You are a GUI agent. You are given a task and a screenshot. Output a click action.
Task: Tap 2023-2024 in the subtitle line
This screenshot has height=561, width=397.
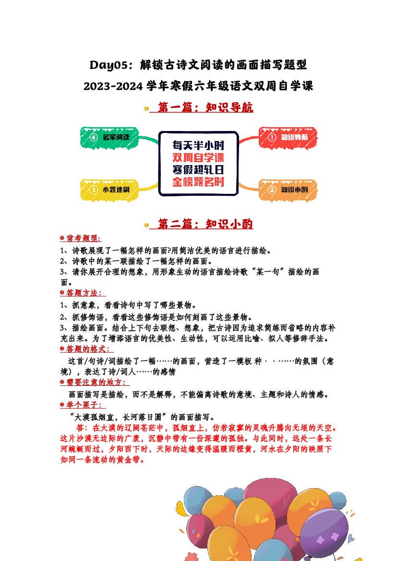pyautogui.click(x=113, y=86)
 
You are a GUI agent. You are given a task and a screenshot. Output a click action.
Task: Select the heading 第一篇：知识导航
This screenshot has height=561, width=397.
pyautogui.click(x=205, y=107)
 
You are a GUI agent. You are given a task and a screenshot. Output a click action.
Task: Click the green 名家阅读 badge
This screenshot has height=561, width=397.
pyautogui.click(x=109, y=137)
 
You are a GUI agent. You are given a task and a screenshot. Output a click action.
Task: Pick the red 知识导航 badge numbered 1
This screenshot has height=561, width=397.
pyautogui.click(x=288, y=137)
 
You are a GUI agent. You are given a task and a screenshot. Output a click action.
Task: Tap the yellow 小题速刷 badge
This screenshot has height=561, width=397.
pyautogui.click(x=109, y=190)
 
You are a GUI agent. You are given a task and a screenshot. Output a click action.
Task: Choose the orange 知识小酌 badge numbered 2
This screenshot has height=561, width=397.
pyautogui.click(x=288, y=190)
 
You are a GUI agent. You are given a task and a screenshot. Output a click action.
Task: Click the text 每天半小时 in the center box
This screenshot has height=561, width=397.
pyautogui.click(x=198, y=145)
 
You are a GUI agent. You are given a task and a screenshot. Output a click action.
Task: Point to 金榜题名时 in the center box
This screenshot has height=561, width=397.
pyautogui.click(x=198, y=182)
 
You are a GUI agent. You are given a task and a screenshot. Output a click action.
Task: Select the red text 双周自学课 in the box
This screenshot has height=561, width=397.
pyautogui.click(x=198, y=157)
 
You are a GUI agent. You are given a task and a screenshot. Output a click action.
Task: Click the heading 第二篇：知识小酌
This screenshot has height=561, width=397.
pyautogui.click(x=205, y=224)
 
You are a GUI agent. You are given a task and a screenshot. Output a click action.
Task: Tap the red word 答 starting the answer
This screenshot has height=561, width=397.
pyautogui.click(x=80, y=428)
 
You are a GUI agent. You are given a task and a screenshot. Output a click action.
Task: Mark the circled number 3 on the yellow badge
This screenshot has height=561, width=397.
pyautogui.click(x=94, y=190)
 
